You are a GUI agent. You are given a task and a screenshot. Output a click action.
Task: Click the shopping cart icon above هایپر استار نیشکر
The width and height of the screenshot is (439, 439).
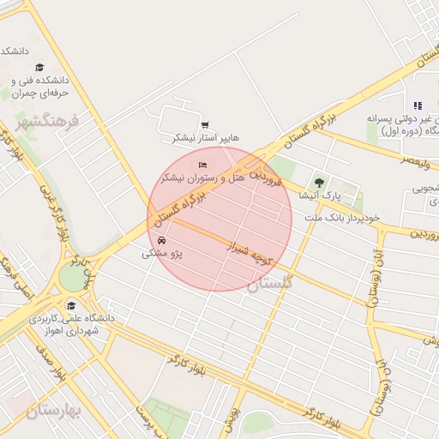(x=204, y=124)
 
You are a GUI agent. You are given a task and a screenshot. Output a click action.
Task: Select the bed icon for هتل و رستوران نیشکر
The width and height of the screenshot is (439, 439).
(x=202, y=165)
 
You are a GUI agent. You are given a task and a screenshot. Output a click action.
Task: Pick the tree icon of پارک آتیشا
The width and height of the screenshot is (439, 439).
(x=320, y=183)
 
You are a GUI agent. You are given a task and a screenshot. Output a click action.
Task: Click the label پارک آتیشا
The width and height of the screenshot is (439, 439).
(x=319, y=195)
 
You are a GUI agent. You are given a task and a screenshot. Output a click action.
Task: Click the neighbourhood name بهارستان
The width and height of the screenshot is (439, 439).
(x=52, y=412)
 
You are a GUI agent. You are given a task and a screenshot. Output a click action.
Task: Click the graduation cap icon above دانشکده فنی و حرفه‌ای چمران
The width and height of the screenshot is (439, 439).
(x=39, y=67)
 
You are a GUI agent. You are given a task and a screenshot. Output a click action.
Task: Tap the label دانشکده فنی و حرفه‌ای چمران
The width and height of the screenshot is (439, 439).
(x=40, y=86)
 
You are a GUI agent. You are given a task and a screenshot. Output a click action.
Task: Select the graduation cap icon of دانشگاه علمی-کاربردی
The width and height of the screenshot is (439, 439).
(x=71, y=305)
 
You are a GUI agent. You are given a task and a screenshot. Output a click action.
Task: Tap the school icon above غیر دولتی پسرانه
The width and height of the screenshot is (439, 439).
(x=418, y=105)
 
